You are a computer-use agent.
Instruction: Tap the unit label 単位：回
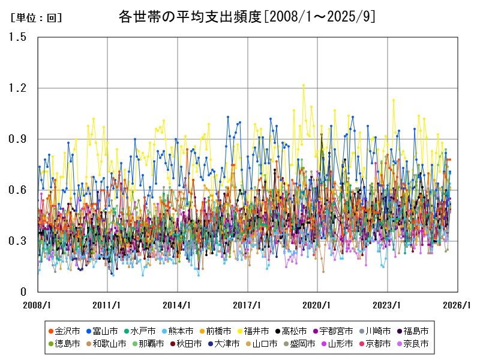tap(36, 18)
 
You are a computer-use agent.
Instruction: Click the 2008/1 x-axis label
tap(38, 305)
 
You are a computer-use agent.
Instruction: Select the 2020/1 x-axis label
tap(318, 305)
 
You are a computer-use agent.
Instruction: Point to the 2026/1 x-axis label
tap(458, 305)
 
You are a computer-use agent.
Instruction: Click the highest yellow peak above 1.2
tap(304, 85)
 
